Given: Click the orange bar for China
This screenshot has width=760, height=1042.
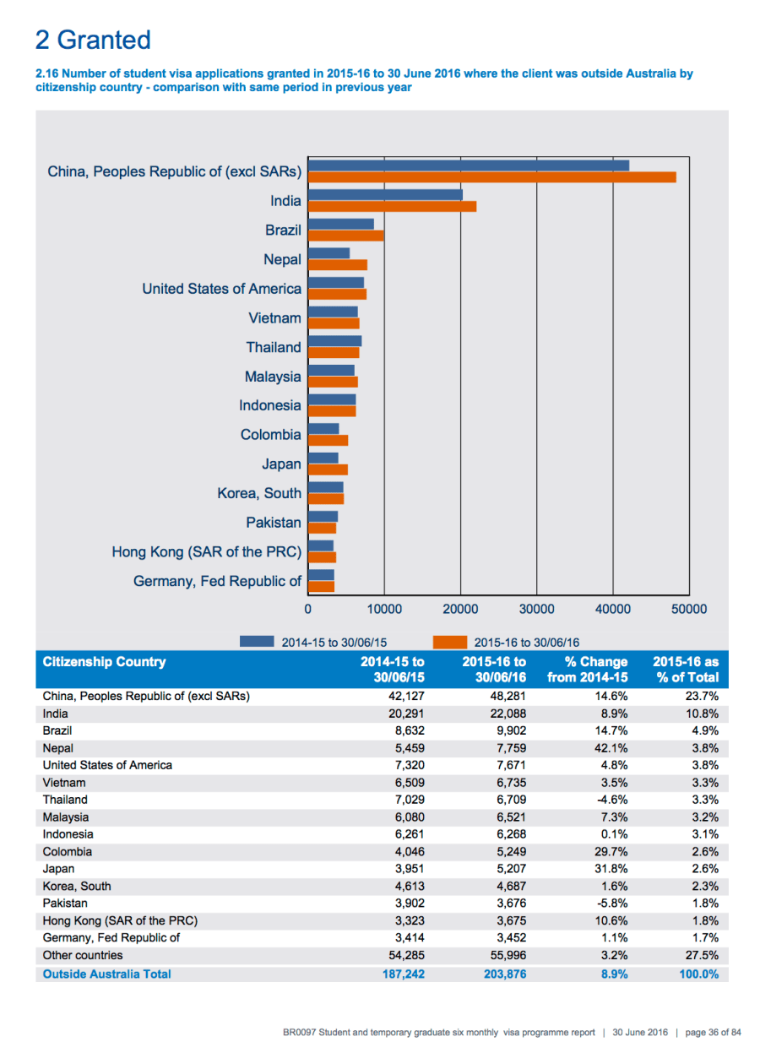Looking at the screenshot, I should coord(492,177).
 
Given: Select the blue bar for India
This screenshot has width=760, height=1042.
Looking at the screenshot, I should coord(385,195).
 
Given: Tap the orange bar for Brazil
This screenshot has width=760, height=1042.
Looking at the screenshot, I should coord(346,236).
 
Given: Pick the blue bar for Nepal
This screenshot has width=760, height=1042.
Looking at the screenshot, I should coord(329,253).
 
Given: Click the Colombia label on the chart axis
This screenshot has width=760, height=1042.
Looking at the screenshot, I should coord(270,435).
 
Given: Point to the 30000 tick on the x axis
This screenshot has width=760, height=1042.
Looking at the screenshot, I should coord(536,609).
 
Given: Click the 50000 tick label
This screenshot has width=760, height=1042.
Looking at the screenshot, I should coord(689,609).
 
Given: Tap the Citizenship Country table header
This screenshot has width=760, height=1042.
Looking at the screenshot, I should coord(105,662).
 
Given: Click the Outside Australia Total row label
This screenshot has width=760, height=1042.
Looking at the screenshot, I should coord(106,974).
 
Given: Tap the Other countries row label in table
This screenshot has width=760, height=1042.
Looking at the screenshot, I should coord(83,956).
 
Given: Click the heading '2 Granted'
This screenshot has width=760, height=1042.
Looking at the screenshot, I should coord(93,40).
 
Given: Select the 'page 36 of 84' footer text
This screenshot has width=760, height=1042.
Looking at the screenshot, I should coord(712,1032).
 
